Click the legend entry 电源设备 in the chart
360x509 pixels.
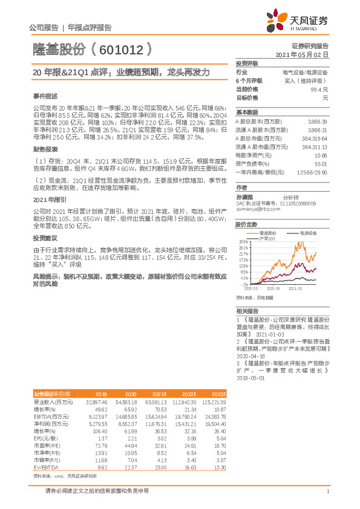[305, 232]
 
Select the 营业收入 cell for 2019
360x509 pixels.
[97, 401]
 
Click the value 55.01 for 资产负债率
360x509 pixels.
[321, 164]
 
